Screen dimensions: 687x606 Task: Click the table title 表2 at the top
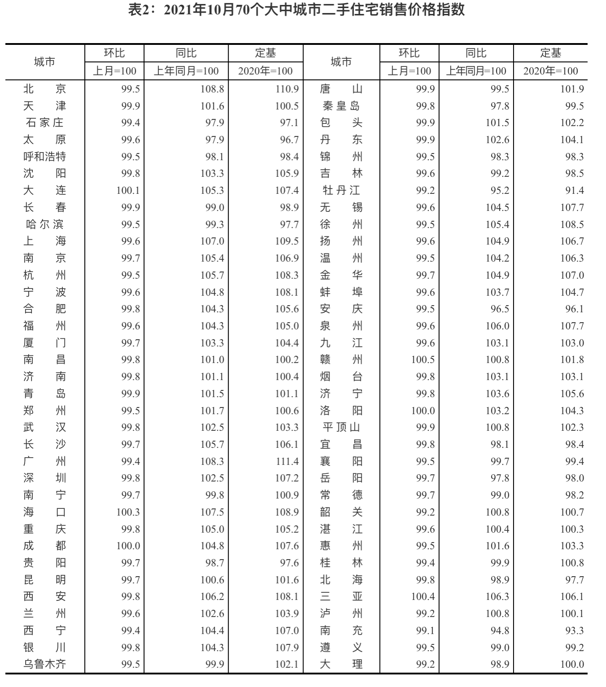(296, 10)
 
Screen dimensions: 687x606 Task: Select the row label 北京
(44, 89)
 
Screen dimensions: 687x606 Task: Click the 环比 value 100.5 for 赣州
(423, 360)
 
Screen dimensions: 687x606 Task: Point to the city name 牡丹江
(341, 190)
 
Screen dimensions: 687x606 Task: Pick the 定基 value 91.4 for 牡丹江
(574, 190)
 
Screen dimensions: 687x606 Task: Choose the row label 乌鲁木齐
(44, 664)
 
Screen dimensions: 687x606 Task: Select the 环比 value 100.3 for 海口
(128, 512)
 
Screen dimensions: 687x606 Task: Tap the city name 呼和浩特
(44, 157)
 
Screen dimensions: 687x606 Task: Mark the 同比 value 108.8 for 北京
(212, 89)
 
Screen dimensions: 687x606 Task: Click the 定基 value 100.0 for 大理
(572, 664)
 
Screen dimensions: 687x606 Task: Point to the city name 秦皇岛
(341, 106)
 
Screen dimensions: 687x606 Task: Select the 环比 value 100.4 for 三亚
(423, 596)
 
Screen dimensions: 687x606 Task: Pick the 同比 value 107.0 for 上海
(212, 241)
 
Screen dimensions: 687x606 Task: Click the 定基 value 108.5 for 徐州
(572, 224)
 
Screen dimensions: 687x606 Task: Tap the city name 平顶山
(341, 427)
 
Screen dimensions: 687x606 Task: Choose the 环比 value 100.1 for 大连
(128, 190)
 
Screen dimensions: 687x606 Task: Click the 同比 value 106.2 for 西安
(212, 596)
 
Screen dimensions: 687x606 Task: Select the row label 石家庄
(44, 123)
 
